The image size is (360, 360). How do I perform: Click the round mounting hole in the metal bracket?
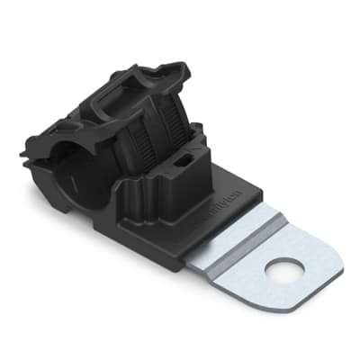[x=285, y=269]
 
